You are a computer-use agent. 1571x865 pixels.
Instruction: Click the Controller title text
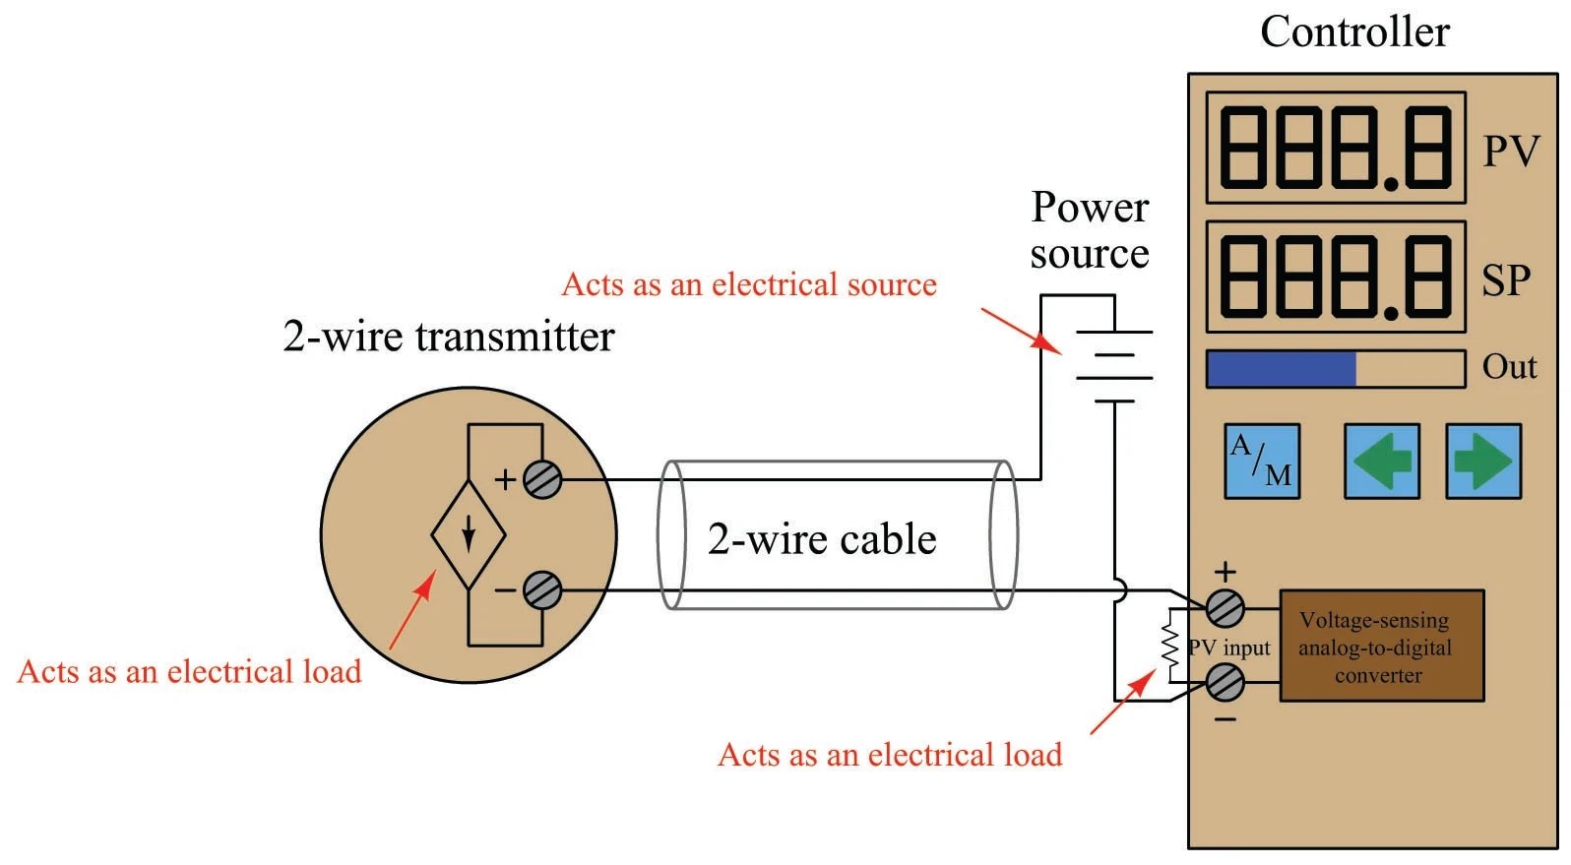pos(1354,32)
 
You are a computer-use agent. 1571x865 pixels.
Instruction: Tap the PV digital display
pos(1336,149)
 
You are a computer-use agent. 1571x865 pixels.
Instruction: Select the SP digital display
pos(1336,277)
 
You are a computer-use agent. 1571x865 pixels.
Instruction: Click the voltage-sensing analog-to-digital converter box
pos(1381,647)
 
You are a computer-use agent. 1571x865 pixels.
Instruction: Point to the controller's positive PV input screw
pos(1225,609)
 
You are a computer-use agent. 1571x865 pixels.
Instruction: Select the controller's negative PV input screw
pos(1225,682)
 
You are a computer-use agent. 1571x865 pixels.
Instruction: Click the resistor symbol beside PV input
pos(1170,646)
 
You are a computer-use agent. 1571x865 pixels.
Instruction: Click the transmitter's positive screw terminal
pos(542,480)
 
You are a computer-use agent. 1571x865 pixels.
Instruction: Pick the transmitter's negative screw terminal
pos(542,590)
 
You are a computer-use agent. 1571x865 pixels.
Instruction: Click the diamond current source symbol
pos(469,535)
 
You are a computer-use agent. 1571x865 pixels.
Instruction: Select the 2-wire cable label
pos(822,539)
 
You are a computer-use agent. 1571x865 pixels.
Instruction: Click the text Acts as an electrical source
pos(749,285)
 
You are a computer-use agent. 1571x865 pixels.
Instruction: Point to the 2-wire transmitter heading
pos(449,337)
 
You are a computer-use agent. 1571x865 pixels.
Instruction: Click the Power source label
pos(1090,230)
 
